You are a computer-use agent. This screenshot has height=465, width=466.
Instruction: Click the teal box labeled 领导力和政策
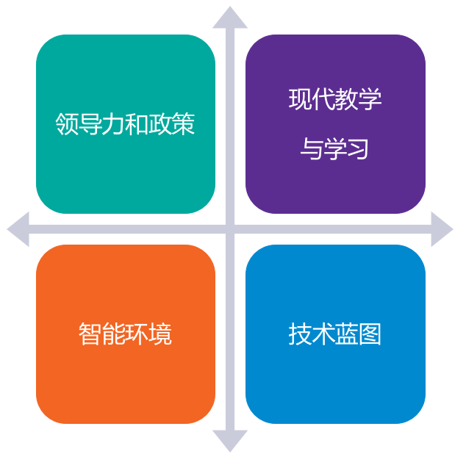point(126,124)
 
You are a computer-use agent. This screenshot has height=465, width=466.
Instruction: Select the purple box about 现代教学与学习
point(335,124)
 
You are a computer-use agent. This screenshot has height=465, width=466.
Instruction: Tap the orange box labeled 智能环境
point(126,334)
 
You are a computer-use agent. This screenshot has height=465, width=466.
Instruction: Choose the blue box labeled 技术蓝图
point(335,334)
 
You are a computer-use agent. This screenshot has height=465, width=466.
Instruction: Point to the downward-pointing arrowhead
point(230,440)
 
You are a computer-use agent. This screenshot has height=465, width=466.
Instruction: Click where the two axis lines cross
point(230,229)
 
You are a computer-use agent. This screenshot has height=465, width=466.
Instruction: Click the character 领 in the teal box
point(67,124)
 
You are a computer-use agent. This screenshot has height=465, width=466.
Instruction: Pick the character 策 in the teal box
point(183,124)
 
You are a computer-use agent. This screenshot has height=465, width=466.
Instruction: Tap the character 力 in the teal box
point(113,124)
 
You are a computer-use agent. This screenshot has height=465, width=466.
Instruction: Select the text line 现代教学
point(335,99)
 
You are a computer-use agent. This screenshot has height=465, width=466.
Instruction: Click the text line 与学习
point(334,148)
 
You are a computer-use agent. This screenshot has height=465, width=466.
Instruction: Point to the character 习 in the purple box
point(358,148)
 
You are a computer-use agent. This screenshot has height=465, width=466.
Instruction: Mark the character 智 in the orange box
point(90,334)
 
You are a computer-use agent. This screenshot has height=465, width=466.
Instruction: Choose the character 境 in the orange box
point(160,334)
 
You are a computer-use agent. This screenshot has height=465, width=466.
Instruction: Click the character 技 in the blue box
point(300,334)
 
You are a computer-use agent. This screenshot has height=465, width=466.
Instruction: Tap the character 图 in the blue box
point(370,334)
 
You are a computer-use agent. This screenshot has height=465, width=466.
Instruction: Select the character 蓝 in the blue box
point(346,334)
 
